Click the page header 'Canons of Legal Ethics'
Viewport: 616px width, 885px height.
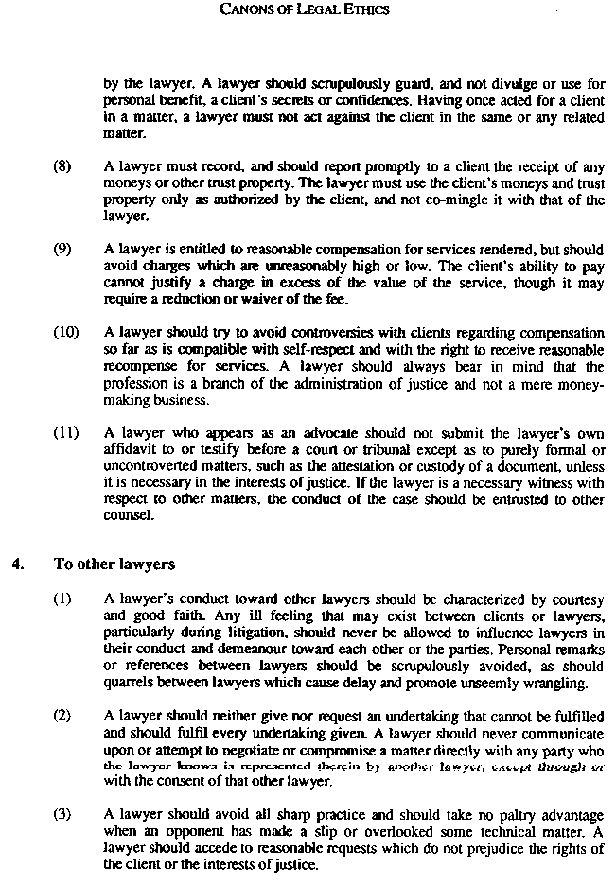pos(304,10)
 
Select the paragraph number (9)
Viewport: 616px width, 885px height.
pos(62,250)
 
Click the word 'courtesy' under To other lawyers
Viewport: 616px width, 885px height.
pos(572,600)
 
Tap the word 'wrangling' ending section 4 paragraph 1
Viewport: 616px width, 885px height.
pos(556,683)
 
